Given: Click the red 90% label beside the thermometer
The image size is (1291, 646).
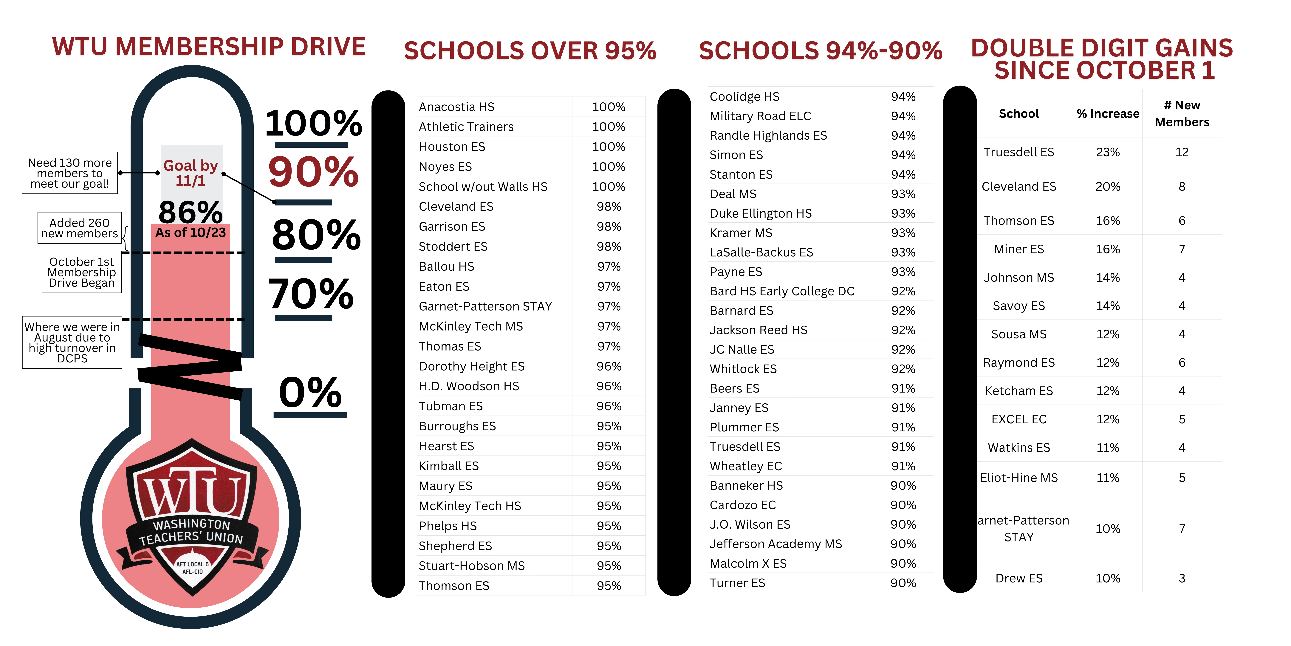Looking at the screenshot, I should pyautogui.click(x=313, y=172).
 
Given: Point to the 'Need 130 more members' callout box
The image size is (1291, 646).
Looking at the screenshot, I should pyautogui.click(x=70, y=173).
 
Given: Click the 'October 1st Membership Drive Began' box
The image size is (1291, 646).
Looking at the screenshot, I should pyautogui.click(x=82, y=272).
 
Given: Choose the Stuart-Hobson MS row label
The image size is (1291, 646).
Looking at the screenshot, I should pyautogui.click(x=472, y=566).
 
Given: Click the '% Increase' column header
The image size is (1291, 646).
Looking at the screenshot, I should pyautogui.click(x=1108, y=114).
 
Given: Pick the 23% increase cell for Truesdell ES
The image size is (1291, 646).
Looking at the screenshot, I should pyautogui.click(x=1108, y=152).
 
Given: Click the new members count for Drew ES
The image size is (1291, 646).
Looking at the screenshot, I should pyautogui.click(x=1182, y=578).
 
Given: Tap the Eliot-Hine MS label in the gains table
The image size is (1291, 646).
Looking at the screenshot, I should pyautogui.click(x=1019, y=477).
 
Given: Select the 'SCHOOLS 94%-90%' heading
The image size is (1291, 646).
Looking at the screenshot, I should pyautogui.click(x=820, y=51).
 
